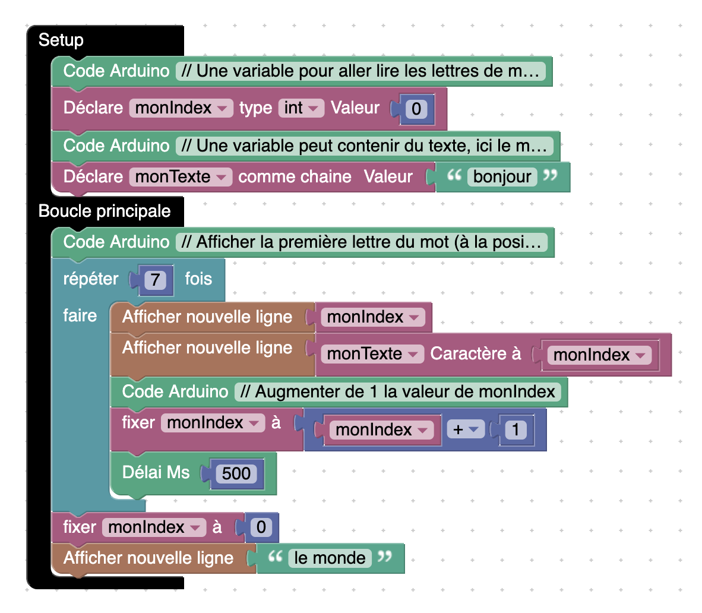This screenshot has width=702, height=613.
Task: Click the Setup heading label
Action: (x=61, y=40)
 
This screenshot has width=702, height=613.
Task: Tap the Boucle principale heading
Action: (x=105, y=211)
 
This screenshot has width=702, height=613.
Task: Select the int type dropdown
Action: (x=301, y=108)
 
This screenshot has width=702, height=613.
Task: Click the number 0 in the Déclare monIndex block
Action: (x=416, y=109)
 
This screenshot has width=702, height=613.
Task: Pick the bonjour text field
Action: (x=502, y=177)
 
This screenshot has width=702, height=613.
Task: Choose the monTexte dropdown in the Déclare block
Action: (x=180, y=176)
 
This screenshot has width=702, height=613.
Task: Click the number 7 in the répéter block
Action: (x=156, y=280)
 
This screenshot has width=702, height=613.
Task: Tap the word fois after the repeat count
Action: (x=198, y=279)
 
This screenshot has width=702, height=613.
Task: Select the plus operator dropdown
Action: (x=466, y=429)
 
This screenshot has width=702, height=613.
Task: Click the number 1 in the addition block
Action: (x=516, y=429)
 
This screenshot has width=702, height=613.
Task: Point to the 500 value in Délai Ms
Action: (x=236, y=473)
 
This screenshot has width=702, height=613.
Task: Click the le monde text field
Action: (x=330, y=558)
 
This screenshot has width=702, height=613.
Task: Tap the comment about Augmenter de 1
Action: (x=397, y=392)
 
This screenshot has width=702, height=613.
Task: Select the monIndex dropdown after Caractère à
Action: (x=599, y=355)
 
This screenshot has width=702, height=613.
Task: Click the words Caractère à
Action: (x=475, y=353)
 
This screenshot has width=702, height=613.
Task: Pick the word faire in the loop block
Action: (x=80, y=315)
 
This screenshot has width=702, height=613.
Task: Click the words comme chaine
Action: (x=295, y=176)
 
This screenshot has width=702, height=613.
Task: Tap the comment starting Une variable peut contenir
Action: (x=364, y=146)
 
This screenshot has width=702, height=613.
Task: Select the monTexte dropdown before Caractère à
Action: (x=372, y=353)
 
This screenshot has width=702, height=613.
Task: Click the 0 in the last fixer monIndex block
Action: (x=261, y=527)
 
